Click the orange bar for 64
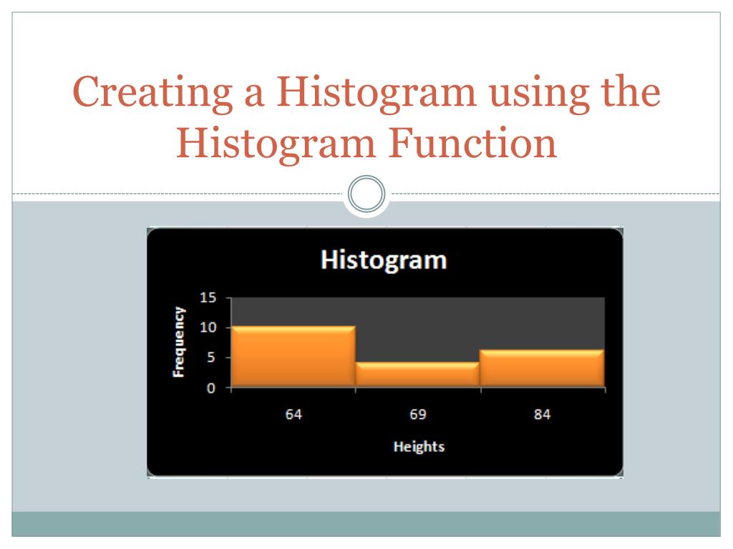pos(293,356)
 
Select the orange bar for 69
pos(418,375)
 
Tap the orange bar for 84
pos(543,368)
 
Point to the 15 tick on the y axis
pos(208,297)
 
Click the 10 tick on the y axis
pos(208,327)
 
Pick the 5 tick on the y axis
pos(211,357)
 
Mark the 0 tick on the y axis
pos(211,388)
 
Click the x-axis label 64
pos(293,414)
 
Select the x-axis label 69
pos(418,414)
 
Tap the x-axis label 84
pos(543,414)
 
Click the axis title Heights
pos(419,447)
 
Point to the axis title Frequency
pos(178,342)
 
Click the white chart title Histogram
pos(384,260)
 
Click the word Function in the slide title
pos(472,142)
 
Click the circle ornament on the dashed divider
pos(366,194)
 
